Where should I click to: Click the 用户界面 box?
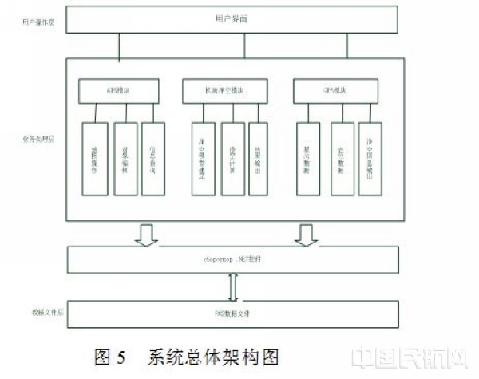click(232, 19)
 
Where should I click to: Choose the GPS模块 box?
click(335, 91)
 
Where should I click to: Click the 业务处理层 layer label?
click(34, 137)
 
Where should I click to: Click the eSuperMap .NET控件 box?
click(232, 260)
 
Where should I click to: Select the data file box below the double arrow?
click(232, 313)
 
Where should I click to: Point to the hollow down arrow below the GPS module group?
click(306, 235)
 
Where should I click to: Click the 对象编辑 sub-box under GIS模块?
click(125, 158)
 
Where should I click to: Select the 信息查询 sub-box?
click(152, 158)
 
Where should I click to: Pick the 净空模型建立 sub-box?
click(204, 158)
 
